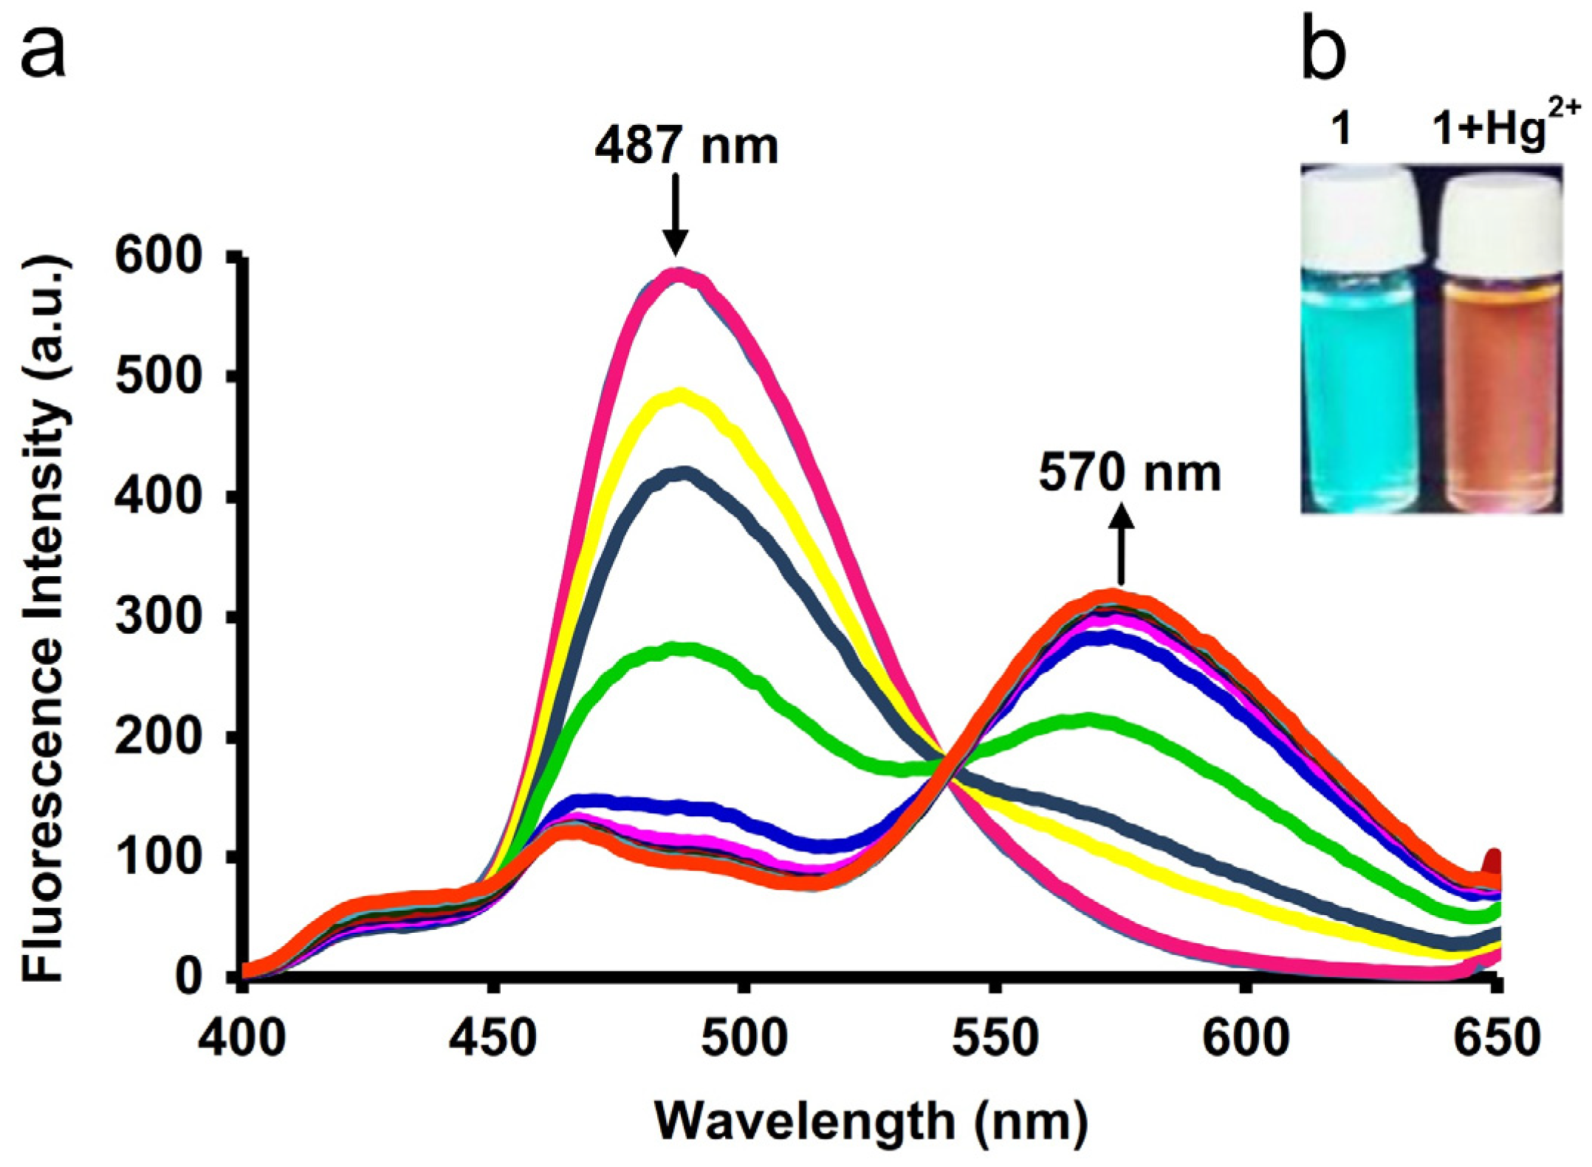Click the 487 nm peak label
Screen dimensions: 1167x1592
coord(686,146)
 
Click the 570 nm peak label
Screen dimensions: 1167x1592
coord(1129,473)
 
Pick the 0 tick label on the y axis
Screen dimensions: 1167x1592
coord(190,976)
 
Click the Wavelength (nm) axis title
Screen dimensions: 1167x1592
coord(871,1121)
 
